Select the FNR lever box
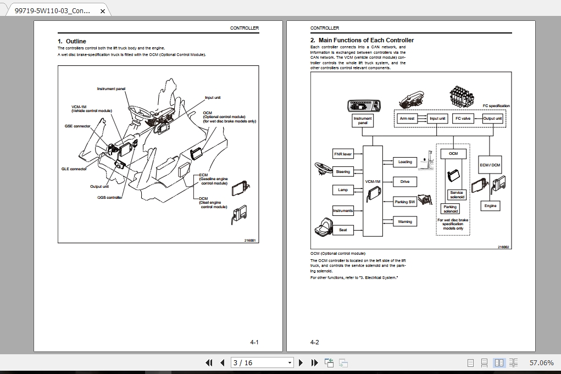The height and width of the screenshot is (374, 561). [x=343, y=154]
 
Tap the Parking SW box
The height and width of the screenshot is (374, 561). [x=405, y=202]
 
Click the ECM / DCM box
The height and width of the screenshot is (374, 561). [x=490, y=165]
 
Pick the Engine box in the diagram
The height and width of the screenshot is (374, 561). [x=490, y=206]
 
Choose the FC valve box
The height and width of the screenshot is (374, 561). [x=463, y=118]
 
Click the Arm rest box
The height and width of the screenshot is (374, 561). [x=407, y=118]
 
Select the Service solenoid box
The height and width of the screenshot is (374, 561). [x=457, y=195]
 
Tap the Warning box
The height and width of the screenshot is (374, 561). [x=405, y=221]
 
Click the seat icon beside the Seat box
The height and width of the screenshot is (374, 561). [x=323, y=226]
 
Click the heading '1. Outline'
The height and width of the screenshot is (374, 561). [x=72, y=41]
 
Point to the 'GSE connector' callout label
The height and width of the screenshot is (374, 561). [x=77, y=126]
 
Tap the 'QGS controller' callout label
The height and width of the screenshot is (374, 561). [x=110, y=197]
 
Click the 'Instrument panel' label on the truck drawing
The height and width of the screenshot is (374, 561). [x=111, y=89]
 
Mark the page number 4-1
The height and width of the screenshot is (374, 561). [x=254, y=342]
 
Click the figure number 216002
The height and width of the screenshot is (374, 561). [x=503, y=247]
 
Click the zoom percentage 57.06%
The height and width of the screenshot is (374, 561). [x=541, y=362]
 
